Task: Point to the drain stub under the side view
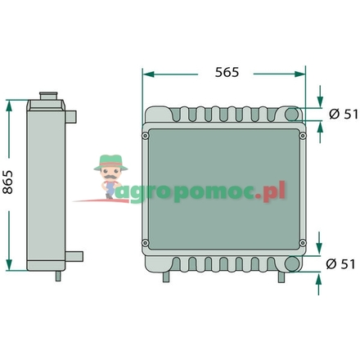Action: pyautogui.click(x=56, y=276)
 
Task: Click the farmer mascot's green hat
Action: pyautogui.click(x=109, y=161)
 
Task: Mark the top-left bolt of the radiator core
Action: pyautogui.click(x=145, y=136)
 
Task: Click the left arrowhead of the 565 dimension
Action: pyautogui.click(x=147, y=73)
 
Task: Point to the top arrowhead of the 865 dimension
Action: pyautogui.click(x=10, y=104)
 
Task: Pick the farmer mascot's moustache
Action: pyautogui.click(x=109, y=174)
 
